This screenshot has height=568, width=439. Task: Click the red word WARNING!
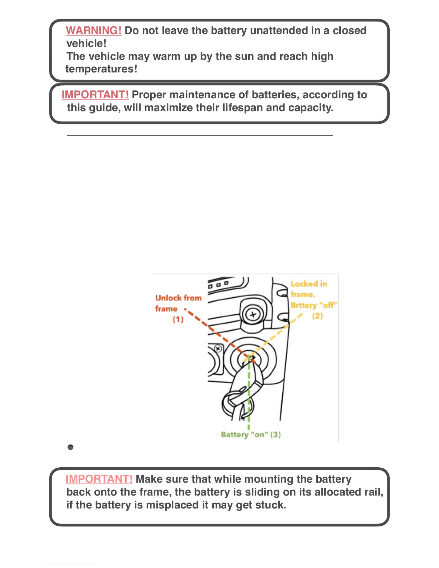(x=94, y=30)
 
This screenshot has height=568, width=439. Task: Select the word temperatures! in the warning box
(x=101, y=69)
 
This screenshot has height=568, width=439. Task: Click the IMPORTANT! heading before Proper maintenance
(x=95, y=95)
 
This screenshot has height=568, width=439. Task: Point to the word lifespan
(x=242, y=108)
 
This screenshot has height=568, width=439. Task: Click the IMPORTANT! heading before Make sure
(x=99, y=479)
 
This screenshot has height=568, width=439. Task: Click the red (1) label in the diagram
(x=178, y=319)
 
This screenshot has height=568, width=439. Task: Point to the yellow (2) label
(x=317, y=316)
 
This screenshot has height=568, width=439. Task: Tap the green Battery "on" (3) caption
(x=251, y=435)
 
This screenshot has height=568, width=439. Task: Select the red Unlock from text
(x=178, y=298)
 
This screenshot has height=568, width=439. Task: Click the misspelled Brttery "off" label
(x=313, y=305)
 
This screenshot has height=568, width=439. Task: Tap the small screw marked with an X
(x=218, y=348)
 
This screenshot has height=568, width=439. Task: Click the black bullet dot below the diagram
(x=70, y=447)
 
